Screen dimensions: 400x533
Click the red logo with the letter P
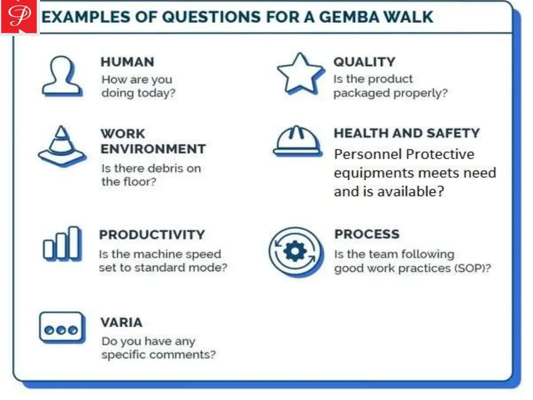pyautogui.click(x=19, y=16)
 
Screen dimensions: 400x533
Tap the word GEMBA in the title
pyautogui.click(x=349, y=17)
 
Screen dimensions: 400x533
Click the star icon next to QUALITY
pyautogui.click(x=300, y=74)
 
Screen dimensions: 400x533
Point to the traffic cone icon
pyautogui.click(x=62, y=147)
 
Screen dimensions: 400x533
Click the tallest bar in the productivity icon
pyautogui.click(x=74, y=243)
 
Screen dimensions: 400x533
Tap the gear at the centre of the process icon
pyautogui.click(x=295, y=251)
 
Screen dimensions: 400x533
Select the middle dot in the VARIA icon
pyautogui.click(x=61, y=330)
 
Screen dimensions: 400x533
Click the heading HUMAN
pyautogui.click(x=127, y=62)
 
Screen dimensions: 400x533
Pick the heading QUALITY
pyautogui.click(x=364, y=62)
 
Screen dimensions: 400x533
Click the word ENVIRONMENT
pyautogui.click(x=153, y=149)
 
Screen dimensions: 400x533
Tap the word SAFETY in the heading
pyautogui.click(x=453, y=133)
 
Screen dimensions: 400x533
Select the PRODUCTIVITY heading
pyautogui.click(x=152, y=235)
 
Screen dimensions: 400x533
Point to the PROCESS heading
pyautogui.click(x=367, y=234)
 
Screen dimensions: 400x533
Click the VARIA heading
pyautogui.click(x=122, y=322)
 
